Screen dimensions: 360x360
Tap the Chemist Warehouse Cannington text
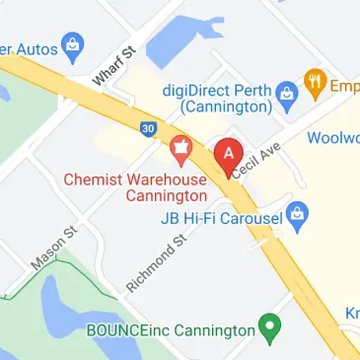[x=136, y=187]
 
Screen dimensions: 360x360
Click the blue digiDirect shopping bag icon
[x=289, y=94]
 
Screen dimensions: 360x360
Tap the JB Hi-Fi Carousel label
[x=221, y=215]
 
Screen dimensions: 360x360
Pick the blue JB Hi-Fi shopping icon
[x=305, y=213]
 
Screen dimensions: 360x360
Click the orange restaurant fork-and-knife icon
[x=316, y=84]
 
